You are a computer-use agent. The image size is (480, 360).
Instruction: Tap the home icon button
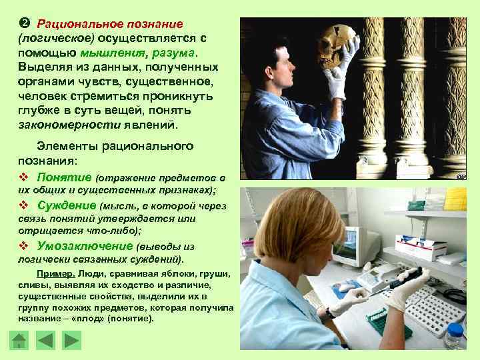pyautogui.click(x=20, y=341)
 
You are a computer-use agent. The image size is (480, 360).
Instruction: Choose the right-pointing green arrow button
pyautogui.click(x=71, y=341)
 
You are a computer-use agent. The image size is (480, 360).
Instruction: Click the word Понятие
pyautogui.click(x=65, y=177)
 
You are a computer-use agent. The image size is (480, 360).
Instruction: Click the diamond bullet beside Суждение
pyautogui.click(x=23, y=205)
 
